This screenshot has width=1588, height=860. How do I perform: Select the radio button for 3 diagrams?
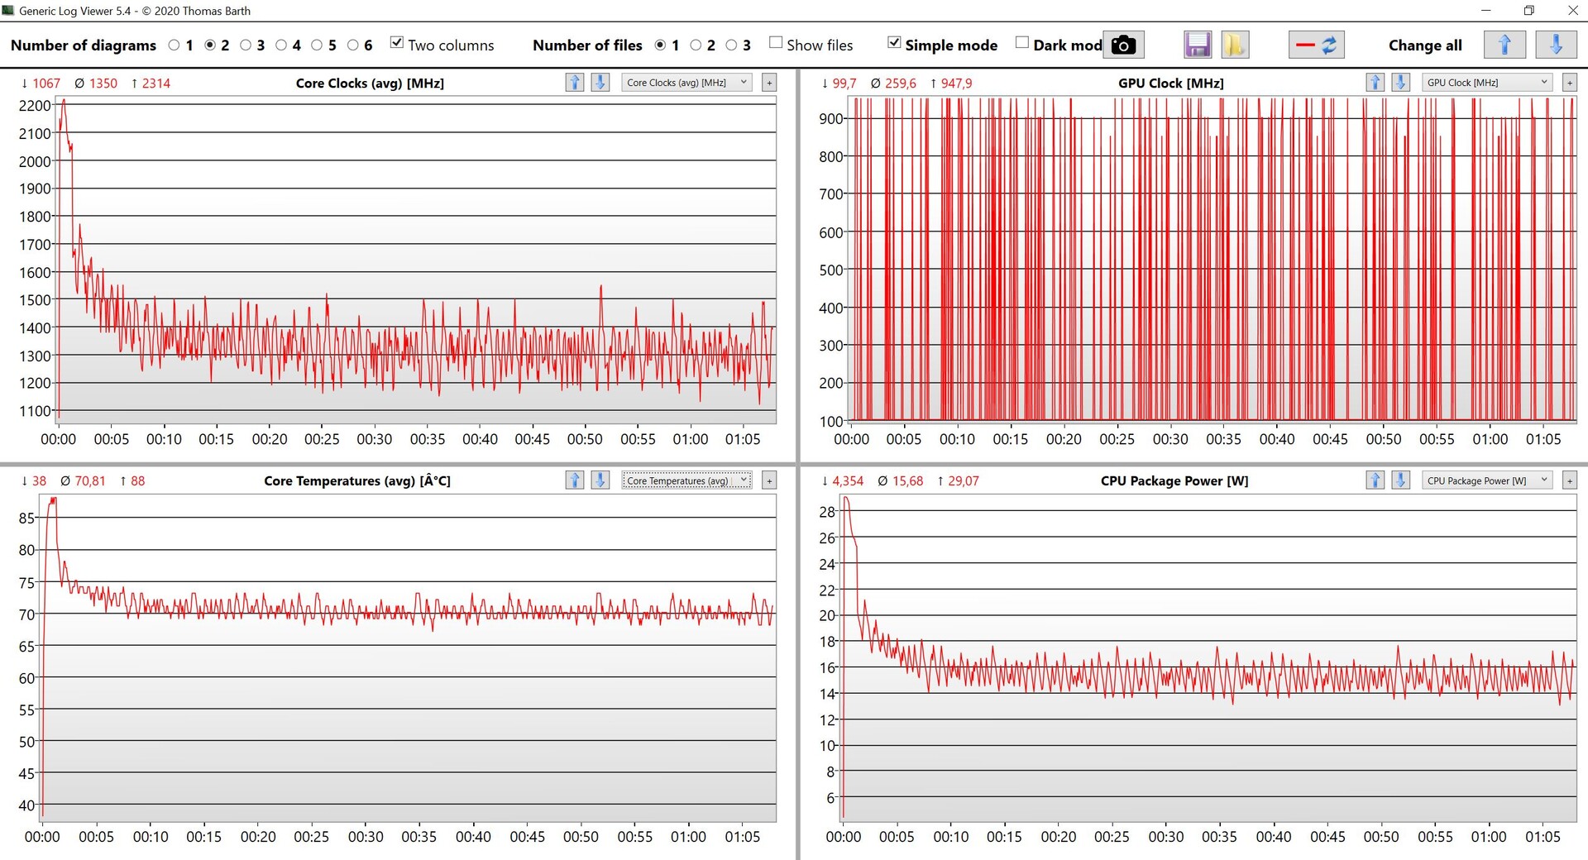(246, 45)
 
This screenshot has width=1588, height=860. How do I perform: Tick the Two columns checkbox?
(397, 43)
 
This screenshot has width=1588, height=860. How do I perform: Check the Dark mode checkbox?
(1022, 43)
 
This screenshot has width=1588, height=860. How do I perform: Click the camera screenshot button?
(1123, 45)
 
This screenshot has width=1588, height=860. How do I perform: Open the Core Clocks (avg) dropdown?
(686, 83)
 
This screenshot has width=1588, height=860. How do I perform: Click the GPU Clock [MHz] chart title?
(1170, 84)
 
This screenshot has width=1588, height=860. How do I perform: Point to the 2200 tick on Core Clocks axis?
(35, 106)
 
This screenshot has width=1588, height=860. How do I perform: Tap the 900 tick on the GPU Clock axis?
(830, 118)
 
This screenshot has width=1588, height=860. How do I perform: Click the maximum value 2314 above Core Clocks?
(155, 84)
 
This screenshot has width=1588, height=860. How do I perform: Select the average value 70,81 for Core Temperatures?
(89, 481)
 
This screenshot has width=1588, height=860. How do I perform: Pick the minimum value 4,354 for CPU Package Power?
(848, 481)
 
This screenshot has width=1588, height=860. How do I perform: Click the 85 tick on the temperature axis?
(26, 518)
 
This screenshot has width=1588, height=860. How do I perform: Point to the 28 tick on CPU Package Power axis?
(827, 512)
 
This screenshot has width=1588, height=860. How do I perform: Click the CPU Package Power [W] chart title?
(1174, 481)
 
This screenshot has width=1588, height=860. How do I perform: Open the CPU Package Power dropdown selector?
(1487, 480)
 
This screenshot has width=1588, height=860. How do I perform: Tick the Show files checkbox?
(776, 43)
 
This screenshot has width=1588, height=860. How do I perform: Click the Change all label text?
(1424, 45)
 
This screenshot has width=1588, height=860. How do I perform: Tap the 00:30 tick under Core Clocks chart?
(374, 439)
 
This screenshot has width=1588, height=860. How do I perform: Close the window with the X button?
(1572, 11)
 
